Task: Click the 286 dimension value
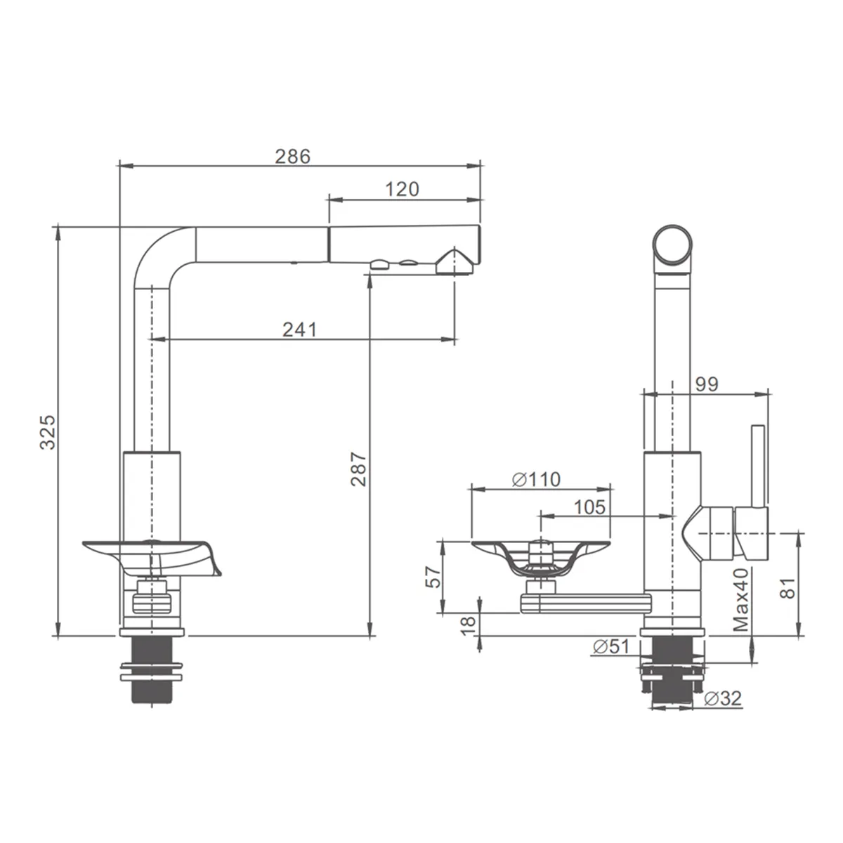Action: pos(293,156)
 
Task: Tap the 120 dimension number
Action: pos(402,190)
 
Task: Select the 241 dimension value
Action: pos(300,330)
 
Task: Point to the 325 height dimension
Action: pos(48,432)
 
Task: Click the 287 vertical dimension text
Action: pos(358,469)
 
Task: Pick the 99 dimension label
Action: pos(707,384)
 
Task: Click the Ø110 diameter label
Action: pos(536,480)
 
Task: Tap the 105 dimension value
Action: pos(589,507)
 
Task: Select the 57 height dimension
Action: pos(433,577)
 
